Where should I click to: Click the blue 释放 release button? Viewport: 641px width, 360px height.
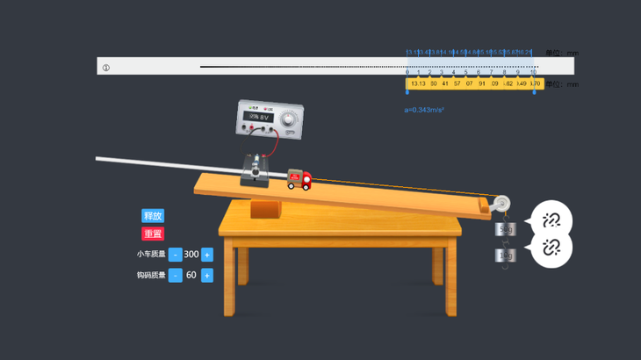pos(153,216)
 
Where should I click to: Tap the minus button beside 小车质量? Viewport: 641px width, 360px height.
pos(176,255)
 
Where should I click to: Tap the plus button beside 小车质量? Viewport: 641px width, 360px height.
pos(207,255)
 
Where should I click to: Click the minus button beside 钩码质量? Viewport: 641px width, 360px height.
pos(176,276)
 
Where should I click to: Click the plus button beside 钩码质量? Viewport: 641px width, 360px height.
pos(207,276)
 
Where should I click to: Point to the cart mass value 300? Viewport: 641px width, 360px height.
pos(191,255)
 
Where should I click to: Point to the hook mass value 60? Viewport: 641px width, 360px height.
pos(191,276)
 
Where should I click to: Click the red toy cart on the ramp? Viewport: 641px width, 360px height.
pos(299,180)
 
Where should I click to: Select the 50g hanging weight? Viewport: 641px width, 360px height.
pos(505,230)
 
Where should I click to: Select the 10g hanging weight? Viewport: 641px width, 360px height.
pos(505,256)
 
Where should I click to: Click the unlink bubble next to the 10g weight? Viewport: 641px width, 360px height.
pos(551,248)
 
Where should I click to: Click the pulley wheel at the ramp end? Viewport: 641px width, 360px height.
pos(499,205)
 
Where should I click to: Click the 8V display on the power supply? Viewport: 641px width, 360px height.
pos(260,116)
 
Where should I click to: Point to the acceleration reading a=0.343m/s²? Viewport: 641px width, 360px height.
pos(424,110)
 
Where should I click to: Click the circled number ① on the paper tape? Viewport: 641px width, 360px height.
pos(106,68)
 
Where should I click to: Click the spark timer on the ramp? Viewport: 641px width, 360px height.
pos(256,169)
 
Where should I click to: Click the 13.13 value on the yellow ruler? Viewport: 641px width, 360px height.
pos(418,84)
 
